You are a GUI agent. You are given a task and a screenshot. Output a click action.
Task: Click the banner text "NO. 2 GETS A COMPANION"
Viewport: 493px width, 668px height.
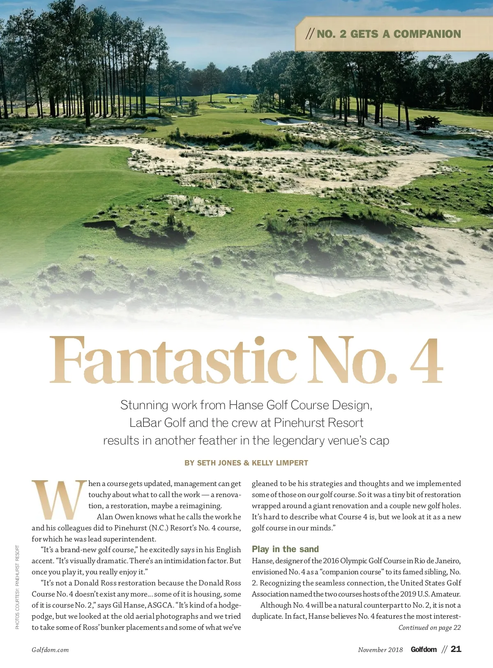389,34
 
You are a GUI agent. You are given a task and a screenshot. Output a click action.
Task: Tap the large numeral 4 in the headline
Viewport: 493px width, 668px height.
426,361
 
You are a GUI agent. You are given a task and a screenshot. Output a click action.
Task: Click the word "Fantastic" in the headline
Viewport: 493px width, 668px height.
173,361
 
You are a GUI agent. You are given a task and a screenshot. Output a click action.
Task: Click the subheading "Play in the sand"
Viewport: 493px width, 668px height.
285,549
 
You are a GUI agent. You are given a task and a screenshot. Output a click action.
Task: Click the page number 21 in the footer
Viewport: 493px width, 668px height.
456,649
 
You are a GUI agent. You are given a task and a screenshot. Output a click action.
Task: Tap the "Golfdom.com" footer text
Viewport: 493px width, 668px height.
50,650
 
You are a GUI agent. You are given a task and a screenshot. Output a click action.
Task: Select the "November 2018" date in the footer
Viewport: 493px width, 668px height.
380,650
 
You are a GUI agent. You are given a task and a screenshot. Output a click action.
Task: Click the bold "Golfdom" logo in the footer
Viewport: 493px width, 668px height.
424,650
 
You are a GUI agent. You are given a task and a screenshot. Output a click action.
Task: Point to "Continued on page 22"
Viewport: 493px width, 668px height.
429,628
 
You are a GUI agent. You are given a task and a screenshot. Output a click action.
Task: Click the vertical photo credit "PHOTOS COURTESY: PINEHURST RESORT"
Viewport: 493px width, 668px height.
17,587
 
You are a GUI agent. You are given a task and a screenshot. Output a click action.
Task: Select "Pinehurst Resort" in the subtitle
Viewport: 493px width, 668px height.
318,423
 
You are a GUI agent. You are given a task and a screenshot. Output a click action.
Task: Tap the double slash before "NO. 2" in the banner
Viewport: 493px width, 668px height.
310,34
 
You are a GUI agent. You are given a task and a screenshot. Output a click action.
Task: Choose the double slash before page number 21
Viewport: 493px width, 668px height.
444,650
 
